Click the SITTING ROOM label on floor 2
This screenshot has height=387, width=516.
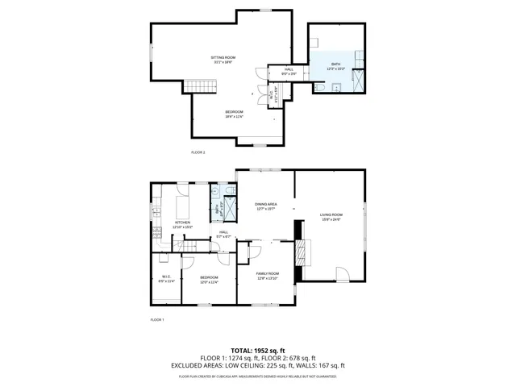[223, 58]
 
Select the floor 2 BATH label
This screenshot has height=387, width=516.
[335, 64]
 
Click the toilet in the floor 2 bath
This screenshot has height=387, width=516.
[320, 87]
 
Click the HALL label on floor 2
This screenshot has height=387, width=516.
[289, 70]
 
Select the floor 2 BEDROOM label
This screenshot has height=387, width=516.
[234, 112]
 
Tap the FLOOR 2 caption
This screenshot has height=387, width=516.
[198, 152]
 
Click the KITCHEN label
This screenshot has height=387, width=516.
[182, 223]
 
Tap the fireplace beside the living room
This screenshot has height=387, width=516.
[302, 252]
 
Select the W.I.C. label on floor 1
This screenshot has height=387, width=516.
[166, 278]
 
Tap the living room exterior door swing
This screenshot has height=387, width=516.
[343, 275]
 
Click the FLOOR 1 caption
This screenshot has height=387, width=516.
[157, 320]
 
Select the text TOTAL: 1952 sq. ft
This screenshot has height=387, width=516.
[258, 351]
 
